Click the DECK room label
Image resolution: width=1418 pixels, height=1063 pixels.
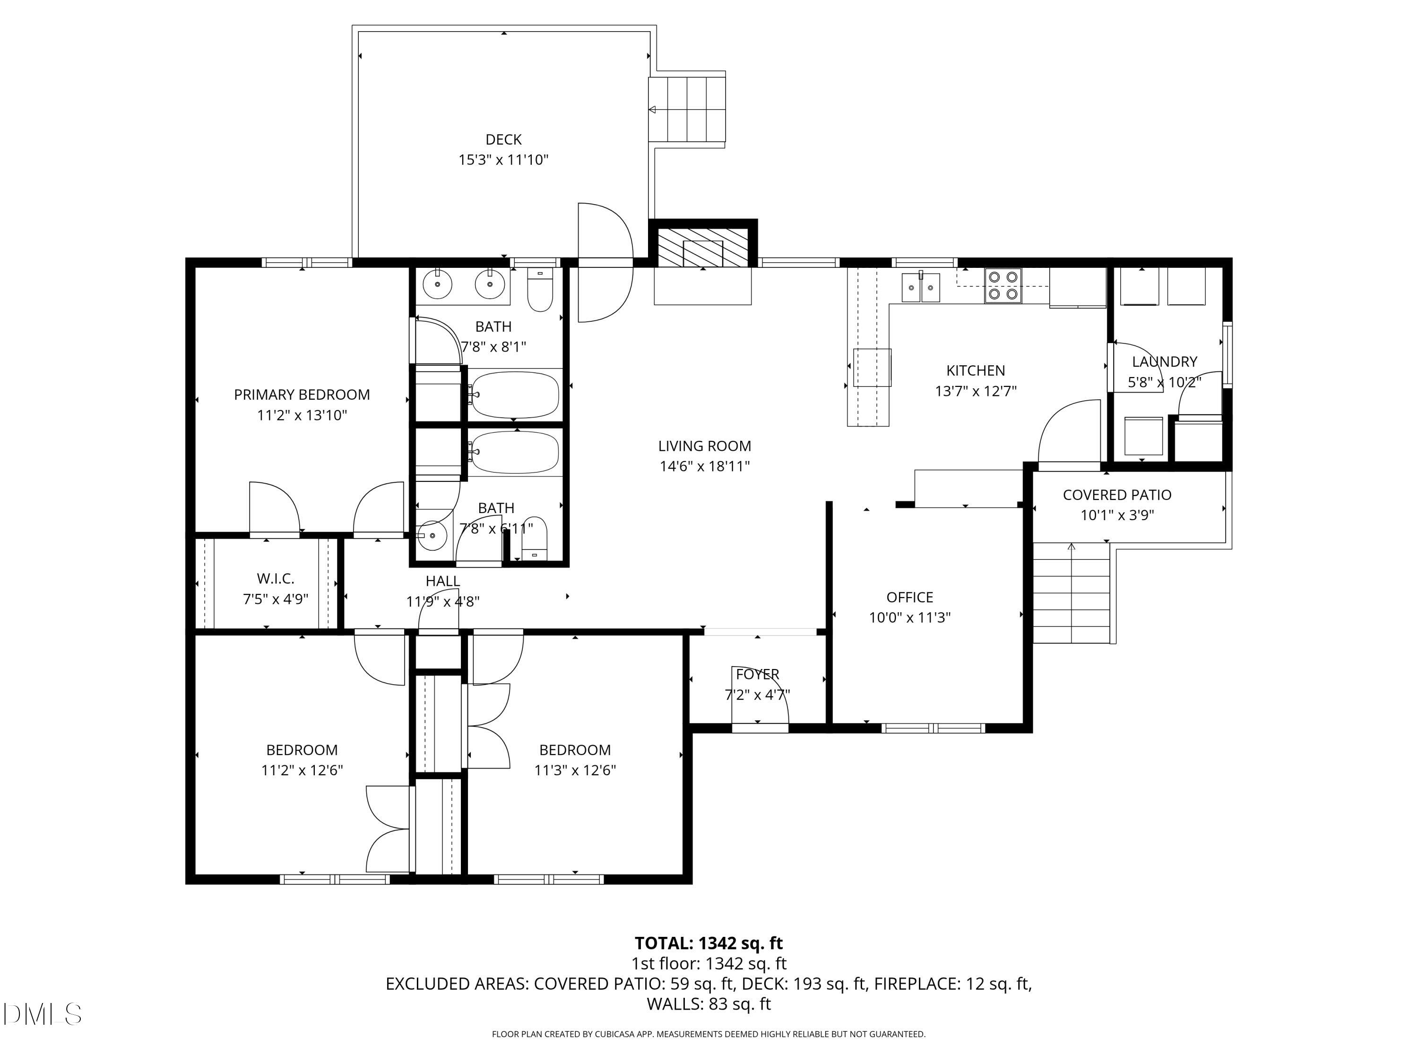click(x=503, y=139)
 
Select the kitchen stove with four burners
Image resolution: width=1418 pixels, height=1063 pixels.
click(x=1003, y=285)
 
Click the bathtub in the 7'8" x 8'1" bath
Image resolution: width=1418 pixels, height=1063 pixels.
click(x=514, y=394)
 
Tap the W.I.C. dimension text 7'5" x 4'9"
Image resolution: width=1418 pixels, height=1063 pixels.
click(x=275, y=599)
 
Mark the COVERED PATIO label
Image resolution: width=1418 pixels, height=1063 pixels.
click(x=1117, y=495)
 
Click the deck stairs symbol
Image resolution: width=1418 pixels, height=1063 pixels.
click(x=687, y=109)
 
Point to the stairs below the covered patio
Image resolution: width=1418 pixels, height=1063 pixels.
click(x=1071, y=593)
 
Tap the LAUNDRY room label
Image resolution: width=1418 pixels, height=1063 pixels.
click(x=1164, y=361)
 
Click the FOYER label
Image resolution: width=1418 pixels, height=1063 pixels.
click(x=757, y=674)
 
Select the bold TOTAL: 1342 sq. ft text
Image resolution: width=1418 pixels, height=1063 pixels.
click(x=709, y=943)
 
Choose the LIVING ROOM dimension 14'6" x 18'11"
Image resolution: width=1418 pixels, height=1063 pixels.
click(x=705, y=466)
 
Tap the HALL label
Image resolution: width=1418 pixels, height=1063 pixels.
click(x=442, y=581)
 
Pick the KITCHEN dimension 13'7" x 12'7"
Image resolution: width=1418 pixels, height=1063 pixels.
click(x=976, y=391)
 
